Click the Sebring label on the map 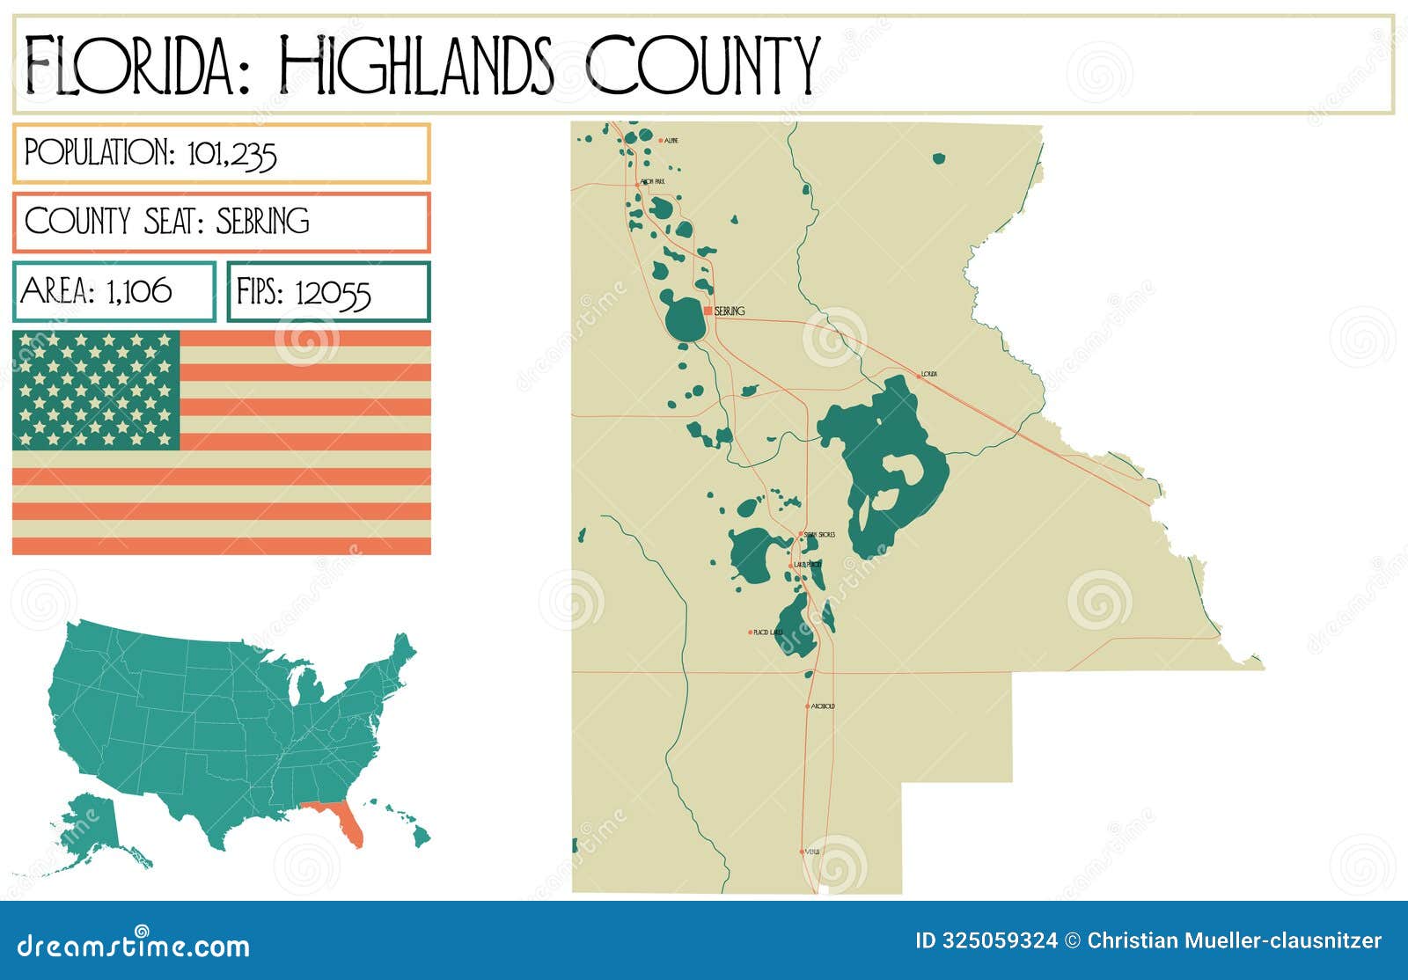point(730,311)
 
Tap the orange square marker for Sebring point(708,311)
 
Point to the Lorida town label point(929,375)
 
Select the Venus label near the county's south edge point(812,852)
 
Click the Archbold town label point(823,706)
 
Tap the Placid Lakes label point(768,633)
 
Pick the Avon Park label point(653,181)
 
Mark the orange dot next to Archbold point(807,706)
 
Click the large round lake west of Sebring point(683,318)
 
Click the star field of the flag point(96,390)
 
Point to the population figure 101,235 point(232,155)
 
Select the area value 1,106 point(139,291)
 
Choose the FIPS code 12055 point(333,293)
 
